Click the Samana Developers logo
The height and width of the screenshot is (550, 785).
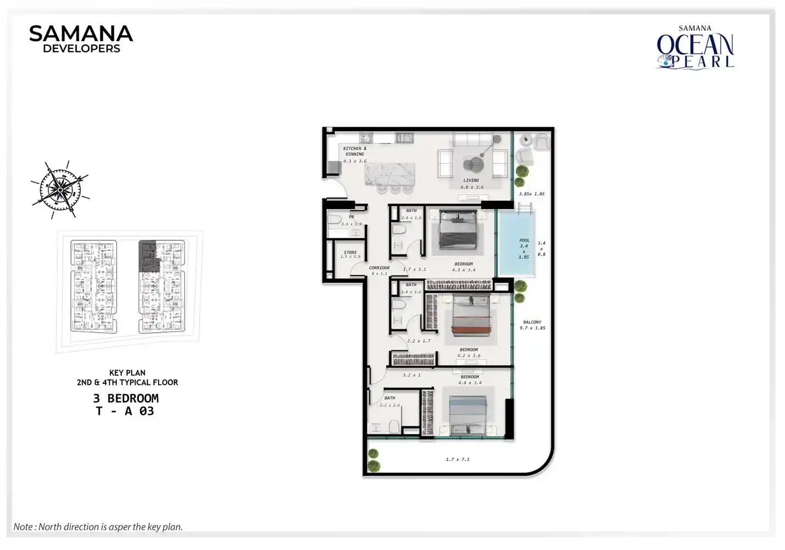(81, 39)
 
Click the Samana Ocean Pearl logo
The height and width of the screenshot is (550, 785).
(695, 48)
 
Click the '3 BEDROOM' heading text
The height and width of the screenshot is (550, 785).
(126, 398)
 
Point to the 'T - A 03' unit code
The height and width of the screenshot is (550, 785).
(125, 411)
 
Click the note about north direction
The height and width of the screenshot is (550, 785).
(98, 526)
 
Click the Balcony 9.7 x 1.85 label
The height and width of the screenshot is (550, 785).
(532, 325)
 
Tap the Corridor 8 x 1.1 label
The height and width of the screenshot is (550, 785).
(379, 271)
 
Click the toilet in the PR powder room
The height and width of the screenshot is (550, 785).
(335, 221)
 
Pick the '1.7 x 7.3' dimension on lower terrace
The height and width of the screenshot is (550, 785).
(457, 459)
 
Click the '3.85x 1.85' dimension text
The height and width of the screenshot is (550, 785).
(532, 194)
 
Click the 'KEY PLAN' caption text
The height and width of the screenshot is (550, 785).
(127, 373)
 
